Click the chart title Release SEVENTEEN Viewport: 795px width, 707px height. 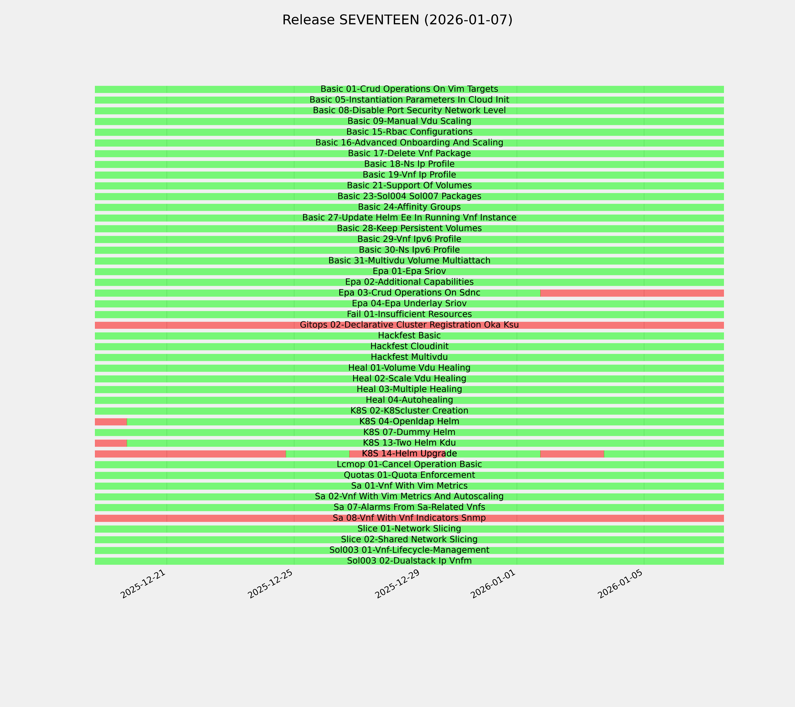397,20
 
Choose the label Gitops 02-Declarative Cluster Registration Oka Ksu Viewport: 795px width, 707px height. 409,325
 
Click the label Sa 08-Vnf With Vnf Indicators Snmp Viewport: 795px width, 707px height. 409,518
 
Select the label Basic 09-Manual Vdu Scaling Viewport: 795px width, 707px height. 409,121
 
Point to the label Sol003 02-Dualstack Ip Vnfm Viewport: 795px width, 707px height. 409,561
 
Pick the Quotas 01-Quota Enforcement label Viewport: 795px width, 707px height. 409,475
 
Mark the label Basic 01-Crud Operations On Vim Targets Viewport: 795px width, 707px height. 409,89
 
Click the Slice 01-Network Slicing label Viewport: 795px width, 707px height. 409,529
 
